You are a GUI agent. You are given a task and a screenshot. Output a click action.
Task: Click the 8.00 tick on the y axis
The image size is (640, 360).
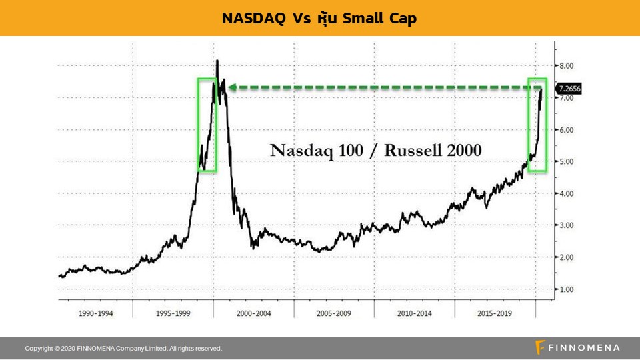566,65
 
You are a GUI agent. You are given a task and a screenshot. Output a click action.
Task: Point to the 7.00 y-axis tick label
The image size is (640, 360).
566,97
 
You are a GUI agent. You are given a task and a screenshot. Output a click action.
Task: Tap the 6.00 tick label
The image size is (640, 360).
566,129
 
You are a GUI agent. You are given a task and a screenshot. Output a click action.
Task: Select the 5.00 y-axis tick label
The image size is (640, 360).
566,161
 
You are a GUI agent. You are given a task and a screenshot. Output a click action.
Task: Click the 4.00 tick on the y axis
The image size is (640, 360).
566,193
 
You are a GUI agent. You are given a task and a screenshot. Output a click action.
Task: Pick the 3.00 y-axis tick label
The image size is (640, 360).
566,225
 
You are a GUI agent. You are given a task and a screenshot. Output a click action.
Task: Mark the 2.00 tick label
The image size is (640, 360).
566,257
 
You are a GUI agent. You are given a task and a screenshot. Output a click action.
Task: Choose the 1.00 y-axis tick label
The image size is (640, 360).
566,289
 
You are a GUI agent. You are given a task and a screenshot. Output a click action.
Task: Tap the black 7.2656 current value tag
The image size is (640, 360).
571,89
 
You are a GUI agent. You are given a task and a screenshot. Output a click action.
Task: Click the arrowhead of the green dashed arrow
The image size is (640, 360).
235,87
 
